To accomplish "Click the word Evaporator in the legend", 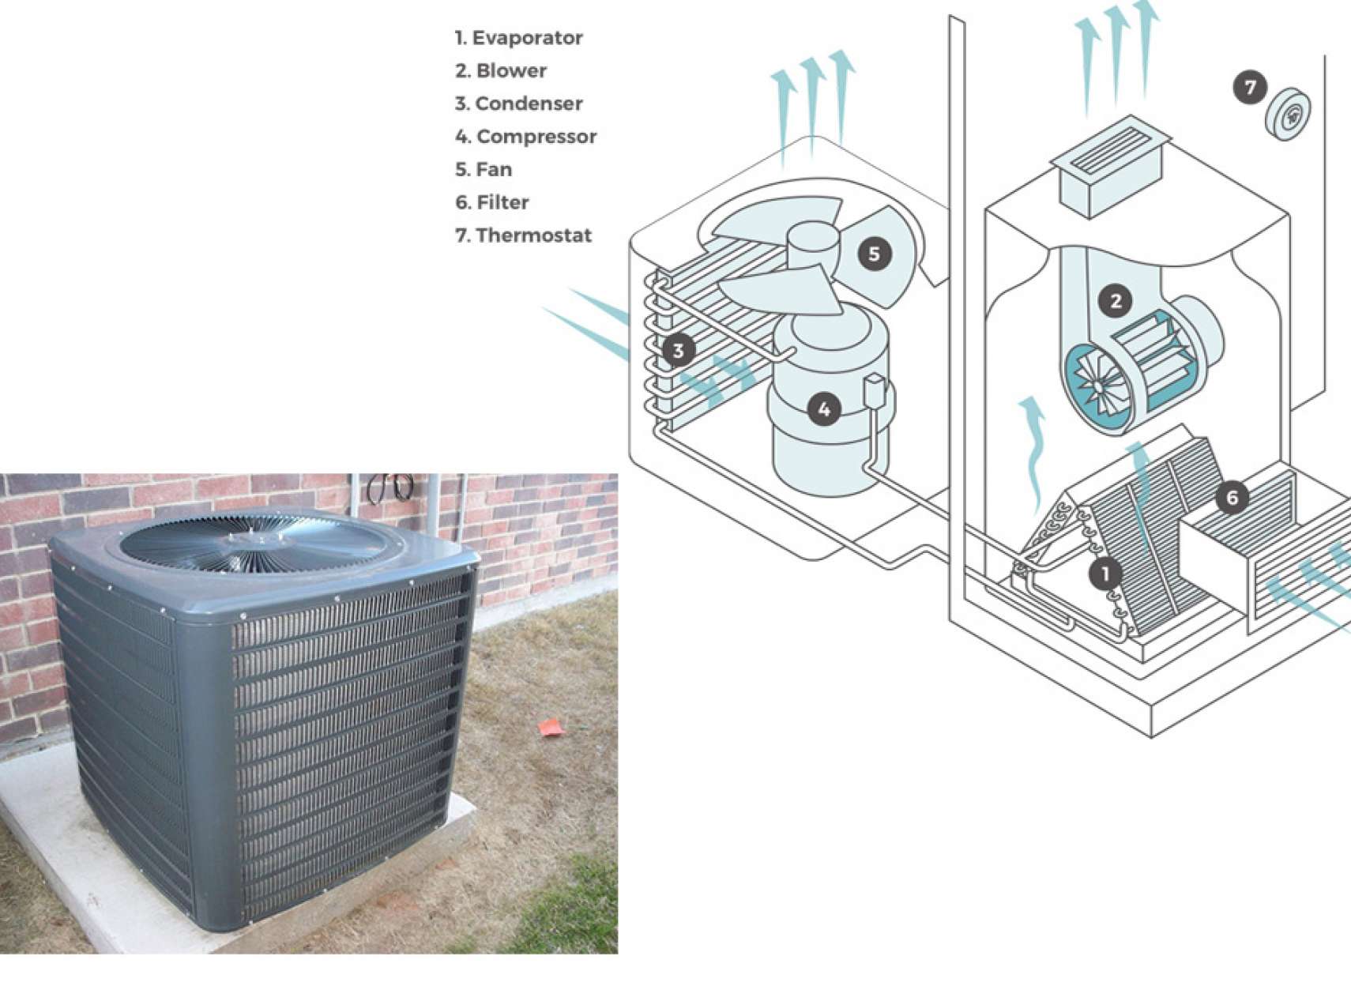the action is click(x=527, y=38).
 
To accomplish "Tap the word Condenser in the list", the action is click(x=529, y=103).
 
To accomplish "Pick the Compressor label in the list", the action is click(x=536, y=137).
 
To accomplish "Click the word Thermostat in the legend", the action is click(x=534, y=235).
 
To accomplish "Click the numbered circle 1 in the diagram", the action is click(x=1105, y=574).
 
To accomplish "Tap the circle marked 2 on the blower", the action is click(x=1116, y=301).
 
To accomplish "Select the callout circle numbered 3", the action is click(x=679, y=350).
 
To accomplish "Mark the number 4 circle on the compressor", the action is click(x=825, y=410).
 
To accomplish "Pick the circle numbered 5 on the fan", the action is click(x=874, y=254).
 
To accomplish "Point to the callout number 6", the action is click(x=1232, y=498).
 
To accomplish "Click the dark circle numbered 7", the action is click(x=1251, y=88).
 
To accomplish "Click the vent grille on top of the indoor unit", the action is click(x=1110, y=149).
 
